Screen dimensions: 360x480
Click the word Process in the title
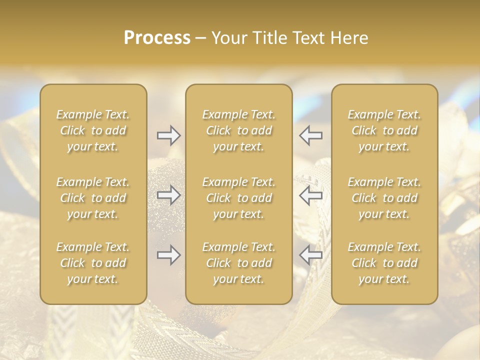point(157,38)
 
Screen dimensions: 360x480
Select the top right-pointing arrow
point(168,135)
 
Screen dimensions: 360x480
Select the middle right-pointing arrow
point(168,195)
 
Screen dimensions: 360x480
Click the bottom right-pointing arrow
point(168,255)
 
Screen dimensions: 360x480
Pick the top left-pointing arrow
point(311,135)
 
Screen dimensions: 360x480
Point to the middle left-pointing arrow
point(311,195)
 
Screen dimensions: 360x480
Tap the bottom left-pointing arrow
point(311,255)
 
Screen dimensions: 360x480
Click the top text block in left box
point(93,130)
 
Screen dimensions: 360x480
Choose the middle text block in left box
point(93,198)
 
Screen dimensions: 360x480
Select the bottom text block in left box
point(93,263)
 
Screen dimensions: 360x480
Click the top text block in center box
point(238,130)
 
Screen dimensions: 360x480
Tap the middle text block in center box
point(238,198)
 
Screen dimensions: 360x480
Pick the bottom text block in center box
point(238,263)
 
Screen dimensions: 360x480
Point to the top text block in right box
point(384,130)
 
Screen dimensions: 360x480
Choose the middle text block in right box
point(384,198)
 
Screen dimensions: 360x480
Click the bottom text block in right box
point(384,263)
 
